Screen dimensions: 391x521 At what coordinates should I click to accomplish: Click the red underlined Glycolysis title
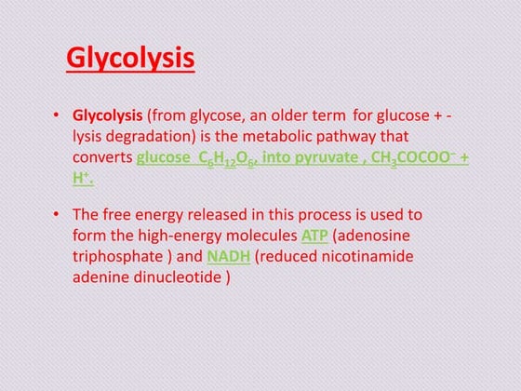coord(130,60)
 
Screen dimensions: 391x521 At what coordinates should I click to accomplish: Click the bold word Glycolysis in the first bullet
coord(108,115)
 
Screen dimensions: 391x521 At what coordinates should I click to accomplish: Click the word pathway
coord(346,136)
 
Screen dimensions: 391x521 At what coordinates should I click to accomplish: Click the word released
coord(217,214)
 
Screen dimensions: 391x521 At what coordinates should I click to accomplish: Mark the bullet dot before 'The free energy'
coord(58,214)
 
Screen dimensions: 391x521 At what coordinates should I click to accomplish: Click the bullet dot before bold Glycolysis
coord(58,115)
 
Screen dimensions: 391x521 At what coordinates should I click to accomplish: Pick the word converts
coord(102,157)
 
